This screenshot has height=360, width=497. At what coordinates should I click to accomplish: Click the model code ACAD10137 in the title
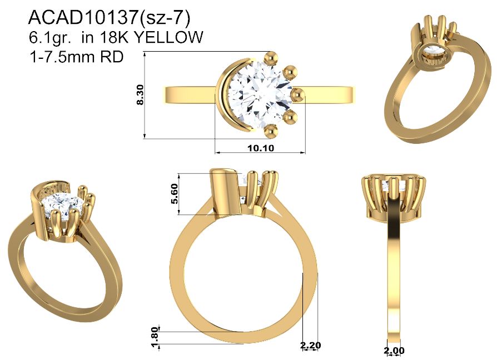83,18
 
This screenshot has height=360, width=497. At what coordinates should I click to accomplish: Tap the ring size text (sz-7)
164,18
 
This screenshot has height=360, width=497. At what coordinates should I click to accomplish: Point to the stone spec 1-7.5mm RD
76,57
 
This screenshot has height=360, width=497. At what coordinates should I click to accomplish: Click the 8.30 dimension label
140,94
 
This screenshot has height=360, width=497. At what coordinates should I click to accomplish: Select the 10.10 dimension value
261,148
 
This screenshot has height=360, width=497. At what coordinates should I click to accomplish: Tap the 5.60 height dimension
175,194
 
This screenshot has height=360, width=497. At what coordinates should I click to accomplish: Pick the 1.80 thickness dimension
155,338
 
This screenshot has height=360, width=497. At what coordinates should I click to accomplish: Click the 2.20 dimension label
311,346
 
